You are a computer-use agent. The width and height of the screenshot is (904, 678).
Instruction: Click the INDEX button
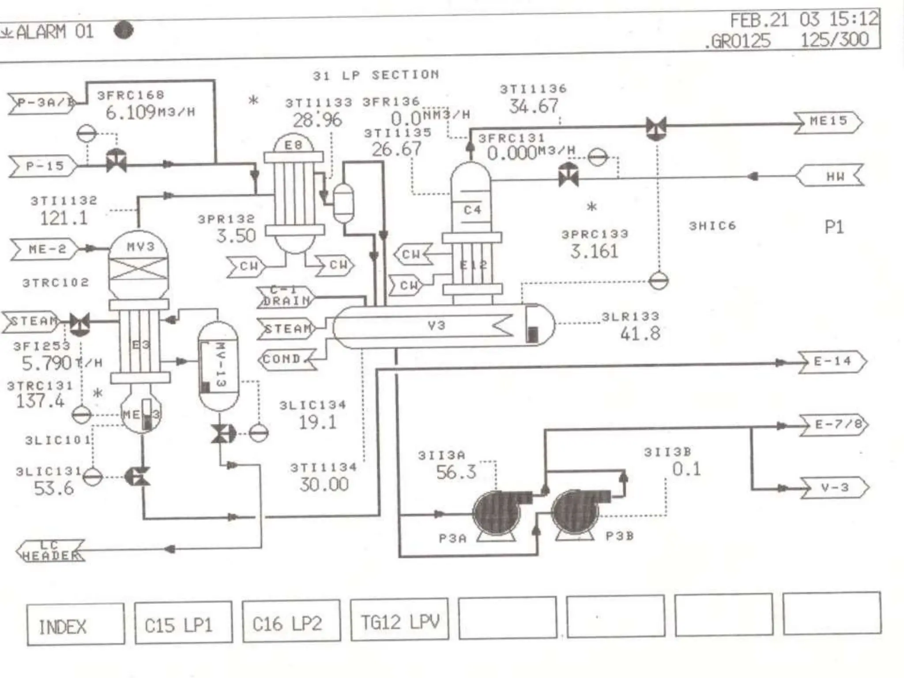click(75, 624)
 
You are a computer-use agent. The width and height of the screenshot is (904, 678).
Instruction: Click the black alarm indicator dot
click(124, 30)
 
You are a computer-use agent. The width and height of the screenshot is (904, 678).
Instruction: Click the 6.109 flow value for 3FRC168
click(131, 113)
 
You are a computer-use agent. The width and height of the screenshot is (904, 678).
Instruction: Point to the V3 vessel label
click(436, 326)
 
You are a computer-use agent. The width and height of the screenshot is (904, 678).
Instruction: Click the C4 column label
click(472, 210)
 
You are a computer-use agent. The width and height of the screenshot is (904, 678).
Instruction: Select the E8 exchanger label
click(294, 145)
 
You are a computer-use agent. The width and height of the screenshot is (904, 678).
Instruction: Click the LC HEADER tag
click(51, 551)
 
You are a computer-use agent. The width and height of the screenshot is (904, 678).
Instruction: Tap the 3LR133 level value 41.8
click(640, 334)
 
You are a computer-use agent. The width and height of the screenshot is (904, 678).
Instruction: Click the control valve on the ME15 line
click(656, 128)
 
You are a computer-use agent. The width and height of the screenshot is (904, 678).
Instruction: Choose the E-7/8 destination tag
click(833, 425)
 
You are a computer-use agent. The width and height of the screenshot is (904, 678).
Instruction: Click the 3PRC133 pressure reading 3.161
click(594, 252)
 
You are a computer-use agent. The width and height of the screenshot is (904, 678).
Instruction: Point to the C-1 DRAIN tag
click(286, 296)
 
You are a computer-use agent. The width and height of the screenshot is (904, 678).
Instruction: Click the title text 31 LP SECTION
click(376, 75)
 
